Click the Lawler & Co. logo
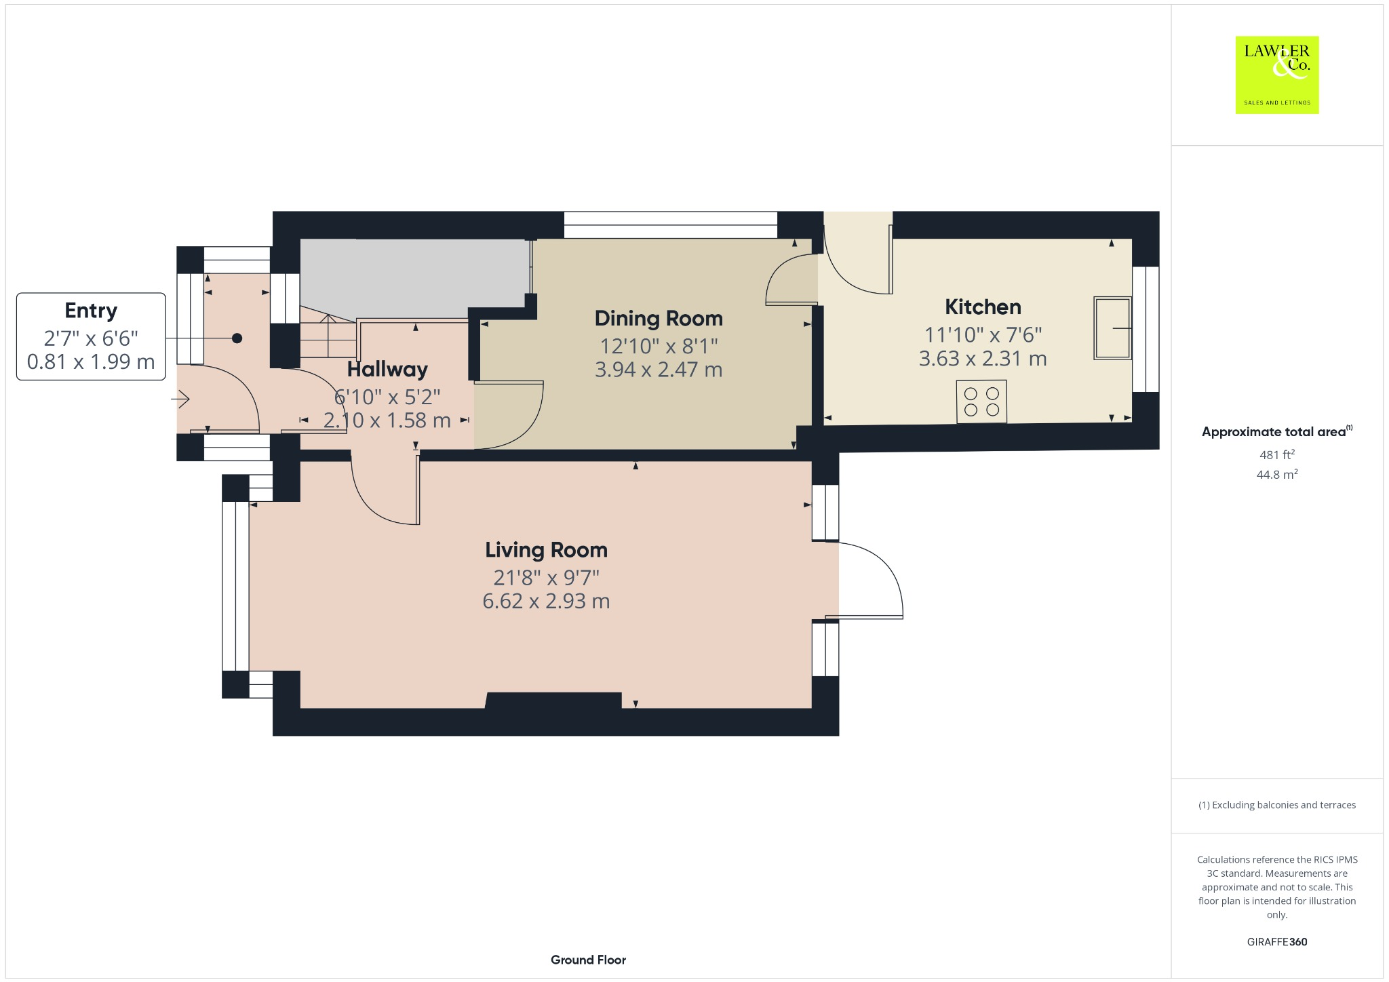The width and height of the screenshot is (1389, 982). pos(1276,75)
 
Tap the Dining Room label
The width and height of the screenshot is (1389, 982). pos(658,318)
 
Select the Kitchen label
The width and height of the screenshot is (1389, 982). pos(983,307)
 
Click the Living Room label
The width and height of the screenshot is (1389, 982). pos(546,549)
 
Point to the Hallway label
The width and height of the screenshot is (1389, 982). pos(387,370)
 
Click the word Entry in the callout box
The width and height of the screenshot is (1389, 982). pos(91,311)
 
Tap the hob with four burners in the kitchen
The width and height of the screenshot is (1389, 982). pos(981,401)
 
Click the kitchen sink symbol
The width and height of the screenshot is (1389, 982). pos(1112,328)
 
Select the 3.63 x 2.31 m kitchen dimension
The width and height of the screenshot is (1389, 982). pos(983,359)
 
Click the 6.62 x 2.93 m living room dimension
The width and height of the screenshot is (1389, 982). pos(546,602)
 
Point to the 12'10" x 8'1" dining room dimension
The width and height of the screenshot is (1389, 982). pos(658,346)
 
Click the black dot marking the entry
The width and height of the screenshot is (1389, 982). pos(237,338)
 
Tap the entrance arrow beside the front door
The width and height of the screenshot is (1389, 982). pos(180,400)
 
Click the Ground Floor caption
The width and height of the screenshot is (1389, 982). pos(588,960)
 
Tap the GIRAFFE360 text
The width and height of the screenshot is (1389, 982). pos(1276,941)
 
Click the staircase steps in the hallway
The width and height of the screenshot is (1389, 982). pos(328,336)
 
